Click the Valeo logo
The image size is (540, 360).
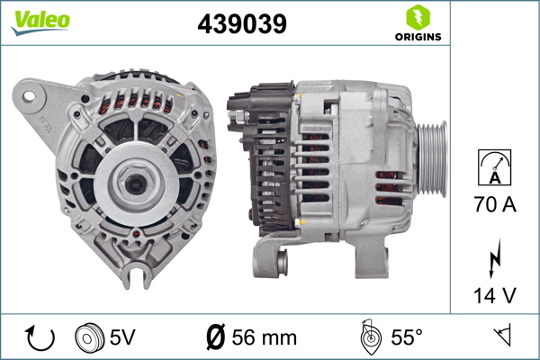pyautogui.click(x=40, y=22)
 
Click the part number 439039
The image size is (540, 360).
pyautogui.click(x=242, y=24)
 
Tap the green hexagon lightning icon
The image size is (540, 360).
pyautogui.click(x=418, y=18)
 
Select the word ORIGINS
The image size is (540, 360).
pyautogui.click(x=418, y=37)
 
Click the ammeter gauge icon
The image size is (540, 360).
pyautogui.click(x=494, y=167)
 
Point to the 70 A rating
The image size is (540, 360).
pyautogui.click(x=495, y=204)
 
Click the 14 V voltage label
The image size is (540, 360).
pyautogui.click(x=495, y=295)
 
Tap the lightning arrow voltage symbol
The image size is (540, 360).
pyautogui.click(x=494, y=258)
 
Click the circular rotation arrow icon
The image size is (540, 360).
pyautogui.click(x=40, y=337)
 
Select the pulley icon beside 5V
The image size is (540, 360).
pyautogui.click(x=89, y=337)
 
